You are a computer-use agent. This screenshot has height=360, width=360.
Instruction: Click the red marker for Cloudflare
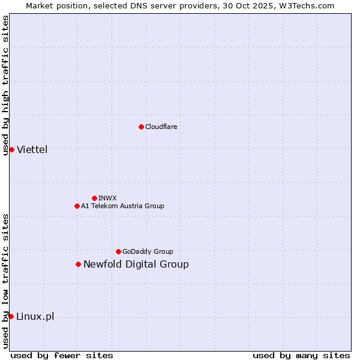tap(141, 127)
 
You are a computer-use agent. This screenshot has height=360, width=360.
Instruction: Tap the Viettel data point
tap(11, 149)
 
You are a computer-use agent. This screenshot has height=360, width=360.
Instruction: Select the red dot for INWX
tap(94, 198)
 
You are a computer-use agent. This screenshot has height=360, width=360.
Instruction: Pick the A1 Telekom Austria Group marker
tap(77, 206)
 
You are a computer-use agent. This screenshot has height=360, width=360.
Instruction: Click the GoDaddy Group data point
tap(118, 251)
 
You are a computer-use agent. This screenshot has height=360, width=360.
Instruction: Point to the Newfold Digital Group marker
tap(78, 264)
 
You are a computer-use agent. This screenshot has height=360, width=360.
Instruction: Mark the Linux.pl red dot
tap(11, 316)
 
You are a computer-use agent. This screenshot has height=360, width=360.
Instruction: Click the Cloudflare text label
tap(161, 127)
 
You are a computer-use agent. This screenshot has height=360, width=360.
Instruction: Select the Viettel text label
tap(32, 149)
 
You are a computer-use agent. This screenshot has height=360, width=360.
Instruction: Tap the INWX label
tap(107, 198)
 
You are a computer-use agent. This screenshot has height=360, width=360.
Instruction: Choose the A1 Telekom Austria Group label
tap(122, 206)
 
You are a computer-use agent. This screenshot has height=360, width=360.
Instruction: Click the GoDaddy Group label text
tap(148, 251)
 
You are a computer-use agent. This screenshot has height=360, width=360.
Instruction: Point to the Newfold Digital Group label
tap(136, 264)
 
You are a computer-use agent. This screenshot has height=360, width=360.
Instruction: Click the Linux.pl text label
tap(35, 316)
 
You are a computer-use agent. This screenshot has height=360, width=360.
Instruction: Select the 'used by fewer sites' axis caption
tap(62, 355)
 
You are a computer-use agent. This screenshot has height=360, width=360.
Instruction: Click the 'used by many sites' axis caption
tap(301, 355)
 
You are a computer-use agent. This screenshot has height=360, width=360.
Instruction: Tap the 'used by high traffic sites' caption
tap(5, 85)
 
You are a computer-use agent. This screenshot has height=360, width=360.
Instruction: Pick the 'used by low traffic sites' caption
tap(5, 280)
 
